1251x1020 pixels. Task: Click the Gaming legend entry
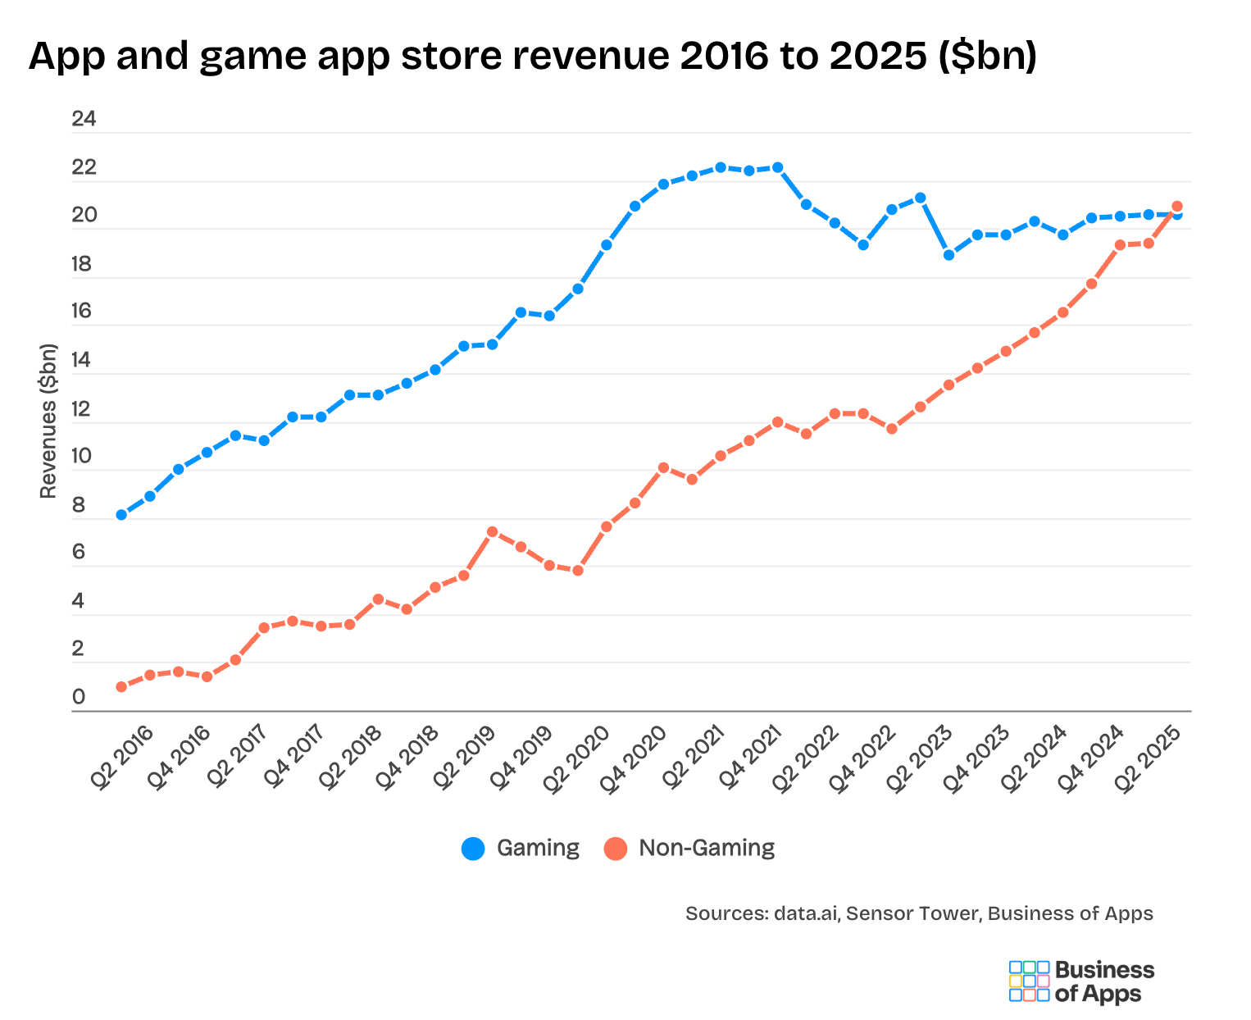coord(521,848)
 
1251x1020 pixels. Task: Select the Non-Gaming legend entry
coord(689,848)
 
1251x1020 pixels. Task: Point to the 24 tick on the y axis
coord(84,120)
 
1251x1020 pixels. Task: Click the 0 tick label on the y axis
coord(79,698)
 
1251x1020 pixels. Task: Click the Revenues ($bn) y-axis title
coord(48,421)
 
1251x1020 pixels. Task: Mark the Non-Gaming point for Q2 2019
coord(492,531)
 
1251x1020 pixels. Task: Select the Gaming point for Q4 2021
coord(777,167)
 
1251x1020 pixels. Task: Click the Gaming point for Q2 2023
coord(948,255)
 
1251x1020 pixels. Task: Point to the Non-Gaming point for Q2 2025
coord(1176,207)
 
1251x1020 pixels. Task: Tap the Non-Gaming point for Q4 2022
coord(891,429)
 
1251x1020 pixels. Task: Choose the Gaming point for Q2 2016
coord(121,515)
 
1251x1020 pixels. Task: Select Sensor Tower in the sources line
coord(912,913)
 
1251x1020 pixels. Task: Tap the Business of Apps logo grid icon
coord(1028,981)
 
